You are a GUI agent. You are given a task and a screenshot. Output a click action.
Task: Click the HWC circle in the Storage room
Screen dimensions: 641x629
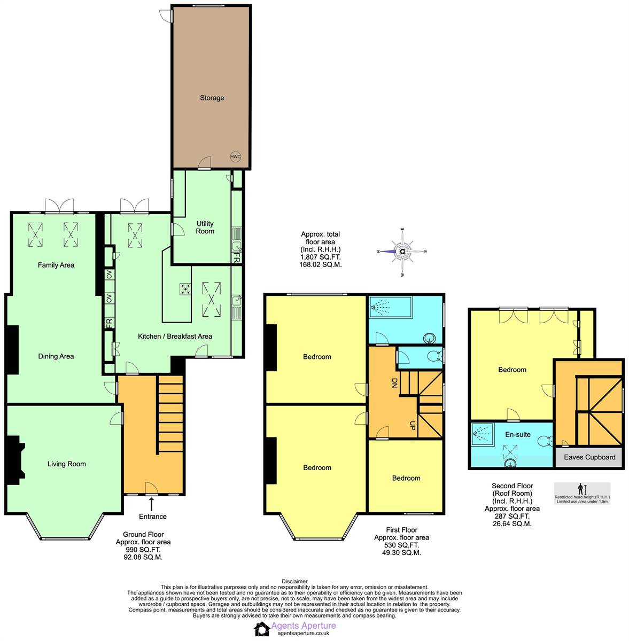(x=235, y=157)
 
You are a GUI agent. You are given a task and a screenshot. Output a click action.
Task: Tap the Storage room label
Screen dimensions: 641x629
(x=212, y=98)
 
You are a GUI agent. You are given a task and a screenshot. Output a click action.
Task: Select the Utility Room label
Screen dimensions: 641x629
(x=205, y=228)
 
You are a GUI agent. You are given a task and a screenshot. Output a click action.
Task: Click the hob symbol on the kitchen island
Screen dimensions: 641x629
(x=185, y=290)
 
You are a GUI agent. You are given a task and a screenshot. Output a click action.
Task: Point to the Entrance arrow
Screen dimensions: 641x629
(x=152, y=504)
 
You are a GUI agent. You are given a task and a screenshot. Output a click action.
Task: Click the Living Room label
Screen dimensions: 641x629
(x=67, y=464)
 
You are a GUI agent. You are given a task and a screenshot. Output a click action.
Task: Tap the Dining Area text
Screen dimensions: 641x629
(x=56, y=356)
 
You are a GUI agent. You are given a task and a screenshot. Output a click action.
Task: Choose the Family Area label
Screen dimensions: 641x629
(x=56, y=265)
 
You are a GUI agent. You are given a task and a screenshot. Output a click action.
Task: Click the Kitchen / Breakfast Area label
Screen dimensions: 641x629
(x=175, y=337)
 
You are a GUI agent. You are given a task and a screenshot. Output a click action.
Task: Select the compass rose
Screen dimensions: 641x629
(x=402, y=252)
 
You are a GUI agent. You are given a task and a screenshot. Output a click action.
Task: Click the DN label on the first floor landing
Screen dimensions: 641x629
(x=394, y=382)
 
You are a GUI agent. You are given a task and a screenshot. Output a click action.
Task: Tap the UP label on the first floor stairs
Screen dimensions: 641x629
(x=413, y=426)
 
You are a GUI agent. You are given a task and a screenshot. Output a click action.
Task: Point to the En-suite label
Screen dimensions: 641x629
(x=518, y=434)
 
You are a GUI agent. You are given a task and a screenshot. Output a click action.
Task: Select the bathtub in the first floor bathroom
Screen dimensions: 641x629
(x=391, y=307)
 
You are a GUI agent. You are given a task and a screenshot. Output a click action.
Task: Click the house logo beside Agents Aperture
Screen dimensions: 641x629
(x=261, y=629)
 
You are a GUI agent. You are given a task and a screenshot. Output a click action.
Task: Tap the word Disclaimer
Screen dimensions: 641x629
(x=294, y=581)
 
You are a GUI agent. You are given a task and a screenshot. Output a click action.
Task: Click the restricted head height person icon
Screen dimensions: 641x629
(x=581, y=489)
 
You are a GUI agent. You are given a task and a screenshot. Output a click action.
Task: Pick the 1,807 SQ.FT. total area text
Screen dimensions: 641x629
(x=320, y=257)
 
